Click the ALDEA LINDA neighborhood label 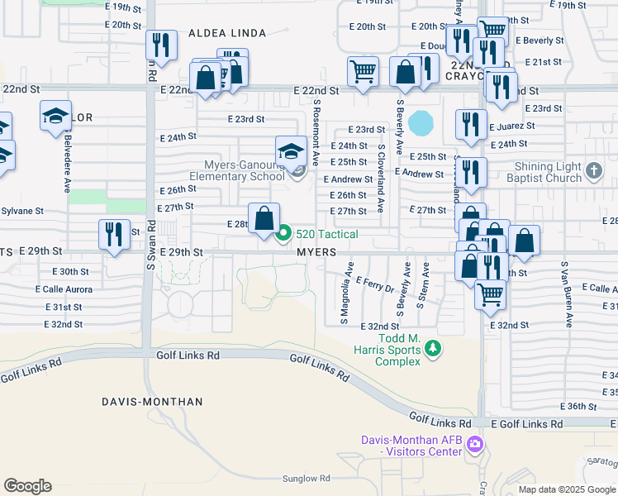click(227, 33)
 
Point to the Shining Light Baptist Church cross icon click(593, 171)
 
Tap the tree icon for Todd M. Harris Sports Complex click(430, 350)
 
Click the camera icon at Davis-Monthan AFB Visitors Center click(474, 445)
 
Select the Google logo click(27, 485)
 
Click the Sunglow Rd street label click(306, 478)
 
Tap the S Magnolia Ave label click(349, 293)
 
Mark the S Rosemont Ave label click(316, 132)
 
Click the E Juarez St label click(512, 126)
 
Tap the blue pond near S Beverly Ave click(421, 123)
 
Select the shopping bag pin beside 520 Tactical click(264, 220)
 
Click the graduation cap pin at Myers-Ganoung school click(291, 152)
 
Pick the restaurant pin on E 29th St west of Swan click(114, 234)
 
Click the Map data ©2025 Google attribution click(567, 489)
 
